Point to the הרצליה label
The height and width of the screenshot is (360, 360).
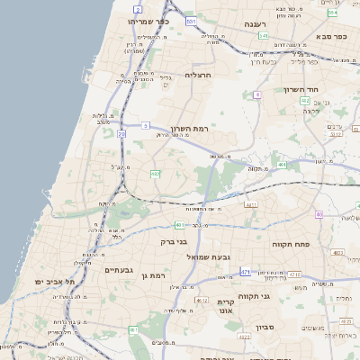click(x=196, y=76)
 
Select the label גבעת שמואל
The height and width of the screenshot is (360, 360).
click(x=190, y=257)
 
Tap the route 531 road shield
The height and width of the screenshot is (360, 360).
click(x=191, y=20)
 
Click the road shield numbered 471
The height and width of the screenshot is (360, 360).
click(x=247, y=270)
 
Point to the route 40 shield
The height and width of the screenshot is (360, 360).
click(x=319, y=214)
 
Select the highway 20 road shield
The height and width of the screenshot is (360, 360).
click(x=121, y=134)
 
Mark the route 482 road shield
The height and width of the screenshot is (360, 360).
click(x=155, y=174)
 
